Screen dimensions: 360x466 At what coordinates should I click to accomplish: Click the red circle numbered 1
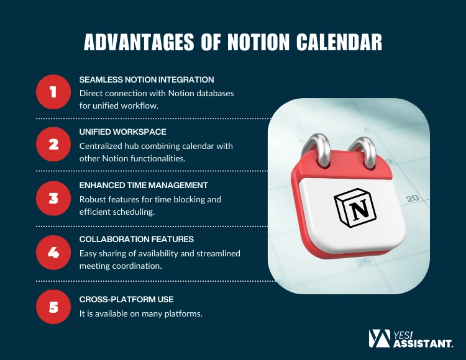point(54,92)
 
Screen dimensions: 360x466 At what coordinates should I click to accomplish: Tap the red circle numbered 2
point(54,145)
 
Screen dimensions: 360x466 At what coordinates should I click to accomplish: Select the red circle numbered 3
point(54,199)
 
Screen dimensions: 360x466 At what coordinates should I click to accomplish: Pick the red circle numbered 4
point(54,252)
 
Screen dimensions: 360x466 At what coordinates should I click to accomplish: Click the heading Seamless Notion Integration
point(147,79)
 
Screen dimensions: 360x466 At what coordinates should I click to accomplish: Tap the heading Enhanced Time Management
point(144,185)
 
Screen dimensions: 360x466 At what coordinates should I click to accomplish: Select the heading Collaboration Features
point(137,239)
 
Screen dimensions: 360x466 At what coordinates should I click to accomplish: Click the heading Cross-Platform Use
point(126,299)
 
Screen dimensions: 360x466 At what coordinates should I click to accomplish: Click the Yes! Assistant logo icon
point(379,338)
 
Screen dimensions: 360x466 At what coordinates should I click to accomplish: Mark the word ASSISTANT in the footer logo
point(423,342)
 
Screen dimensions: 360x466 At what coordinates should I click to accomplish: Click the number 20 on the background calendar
point(412,199)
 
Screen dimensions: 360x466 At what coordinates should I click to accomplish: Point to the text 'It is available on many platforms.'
point(141,313)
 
